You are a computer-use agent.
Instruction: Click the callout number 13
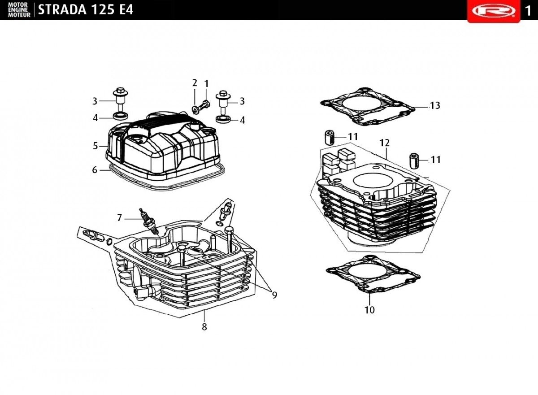point(434,106)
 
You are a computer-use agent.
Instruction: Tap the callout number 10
point(369,310)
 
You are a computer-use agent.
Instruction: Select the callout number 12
point(384,143)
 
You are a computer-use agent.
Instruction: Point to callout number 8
point(204,327)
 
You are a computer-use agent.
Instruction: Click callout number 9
point(274,295)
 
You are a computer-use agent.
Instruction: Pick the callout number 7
point(119,218)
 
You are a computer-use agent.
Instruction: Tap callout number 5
point(95,146)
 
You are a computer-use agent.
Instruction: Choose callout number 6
point(95,170)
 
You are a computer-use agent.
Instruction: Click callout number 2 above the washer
point(195,83)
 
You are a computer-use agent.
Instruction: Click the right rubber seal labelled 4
point(222,119)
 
